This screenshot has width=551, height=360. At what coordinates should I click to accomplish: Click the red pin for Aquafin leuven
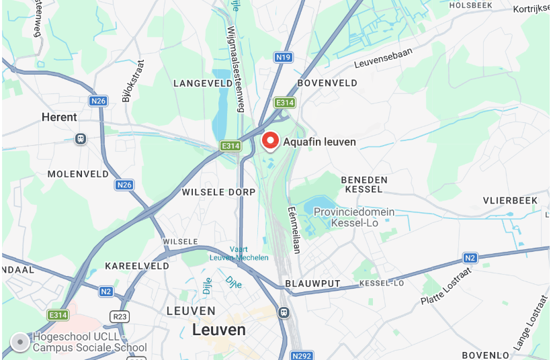point(270,140)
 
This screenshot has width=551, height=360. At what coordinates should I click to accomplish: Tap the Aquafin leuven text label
point(319,142)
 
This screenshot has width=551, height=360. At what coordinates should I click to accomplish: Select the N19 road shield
point(283,58)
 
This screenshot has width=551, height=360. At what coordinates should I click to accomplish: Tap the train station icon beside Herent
point(81,138)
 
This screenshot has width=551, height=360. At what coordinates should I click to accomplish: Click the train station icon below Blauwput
point(284,312)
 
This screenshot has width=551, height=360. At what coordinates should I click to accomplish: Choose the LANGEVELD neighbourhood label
point(202,83)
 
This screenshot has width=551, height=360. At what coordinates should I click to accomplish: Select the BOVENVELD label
point(327,83)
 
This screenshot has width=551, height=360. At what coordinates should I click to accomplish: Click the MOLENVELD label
point(78,174)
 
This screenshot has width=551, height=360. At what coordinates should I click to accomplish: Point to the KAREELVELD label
point(137,266)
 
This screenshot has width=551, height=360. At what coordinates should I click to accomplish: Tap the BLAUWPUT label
point(312,283)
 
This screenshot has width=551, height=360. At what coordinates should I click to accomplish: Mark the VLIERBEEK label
point(510,201)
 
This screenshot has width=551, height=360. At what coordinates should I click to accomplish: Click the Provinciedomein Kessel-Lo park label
point(353,216)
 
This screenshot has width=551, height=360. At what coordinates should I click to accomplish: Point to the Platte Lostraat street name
point(447,283)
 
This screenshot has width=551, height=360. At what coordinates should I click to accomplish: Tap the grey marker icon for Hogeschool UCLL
point(20,343)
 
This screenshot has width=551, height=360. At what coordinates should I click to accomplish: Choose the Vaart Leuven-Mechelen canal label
point(239,253)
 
